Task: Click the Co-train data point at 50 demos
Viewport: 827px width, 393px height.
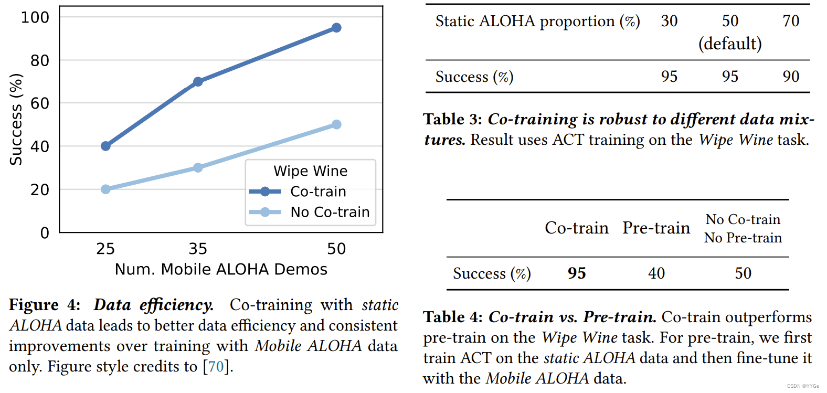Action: point(336,28)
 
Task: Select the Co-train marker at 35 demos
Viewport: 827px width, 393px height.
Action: point(198,82)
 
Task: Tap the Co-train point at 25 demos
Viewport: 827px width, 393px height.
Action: point(105,146)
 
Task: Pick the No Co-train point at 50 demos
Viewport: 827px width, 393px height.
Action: point(336,124)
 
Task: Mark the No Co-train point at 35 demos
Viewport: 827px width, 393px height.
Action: point(198,167)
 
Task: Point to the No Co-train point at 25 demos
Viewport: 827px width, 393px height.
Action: point(105,189)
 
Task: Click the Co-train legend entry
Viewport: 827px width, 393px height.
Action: point(317,192)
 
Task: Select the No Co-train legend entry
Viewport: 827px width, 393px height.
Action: point(330,212)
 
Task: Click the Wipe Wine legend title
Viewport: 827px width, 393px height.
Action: point(310,171)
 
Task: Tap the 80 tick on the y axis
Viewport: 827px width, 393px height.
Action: point(40,61)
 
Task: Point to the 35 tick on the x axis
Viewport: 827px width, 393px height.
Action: point(198,249)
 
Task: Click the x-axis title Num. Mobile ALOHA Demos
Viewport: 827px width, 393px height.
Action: point(221,269)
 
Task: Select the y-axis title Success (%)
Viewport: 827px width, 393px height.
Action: point(16,120)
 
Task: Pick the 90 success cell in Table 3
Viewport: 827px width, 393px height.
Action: point(791,77)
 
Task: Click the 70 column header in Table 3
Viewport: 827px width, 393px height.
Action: point(791,21)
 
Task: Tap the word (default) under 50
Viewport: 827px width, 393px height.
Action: point(730,44)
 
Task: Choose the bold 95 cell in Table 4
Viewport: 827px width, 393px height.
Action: point(577,273)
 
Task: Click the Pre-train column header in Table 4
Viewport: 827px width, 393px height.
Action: point(656,228)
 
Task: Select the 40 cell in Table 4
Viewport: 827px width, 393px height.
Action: point(656,273)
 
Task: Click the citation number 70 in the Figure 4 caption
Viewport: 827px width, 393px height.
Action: point(216,366)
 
